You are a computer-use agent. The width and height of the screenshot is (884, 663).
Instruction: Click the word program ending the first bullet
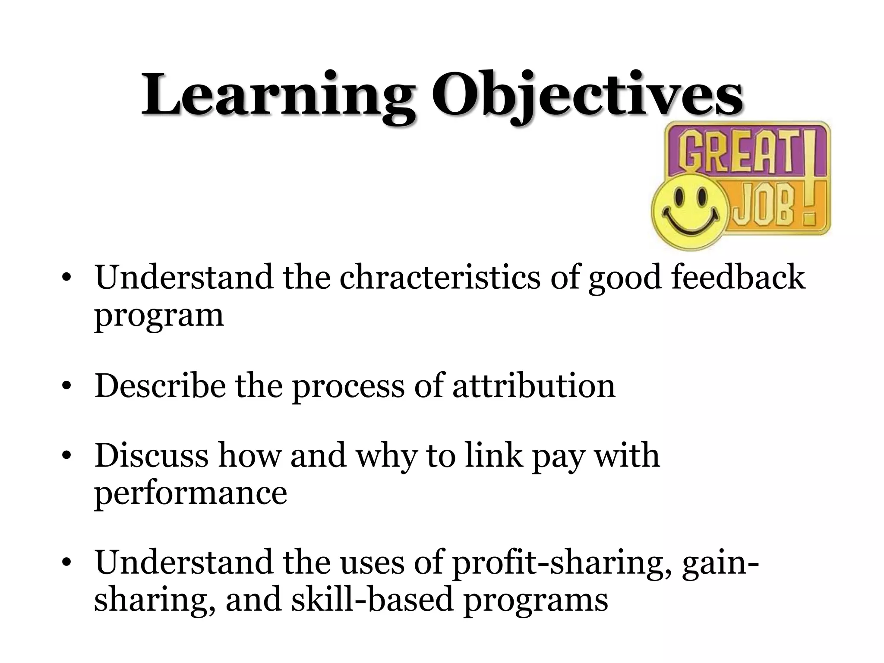click(x=159, y=316)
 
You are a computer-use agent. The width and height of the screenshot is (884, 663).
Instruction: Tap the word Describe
click(x=160, y=385)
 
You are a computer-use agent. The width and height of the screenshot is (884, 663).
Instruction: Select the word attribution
click(x=534, y=385)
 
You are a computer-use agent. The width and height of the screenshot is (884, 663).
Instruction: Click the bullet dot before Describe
click(x=66, y=387)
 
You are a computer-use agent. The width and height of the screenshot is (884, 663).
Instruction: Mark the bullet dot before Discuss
click(x=66, y=457)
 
